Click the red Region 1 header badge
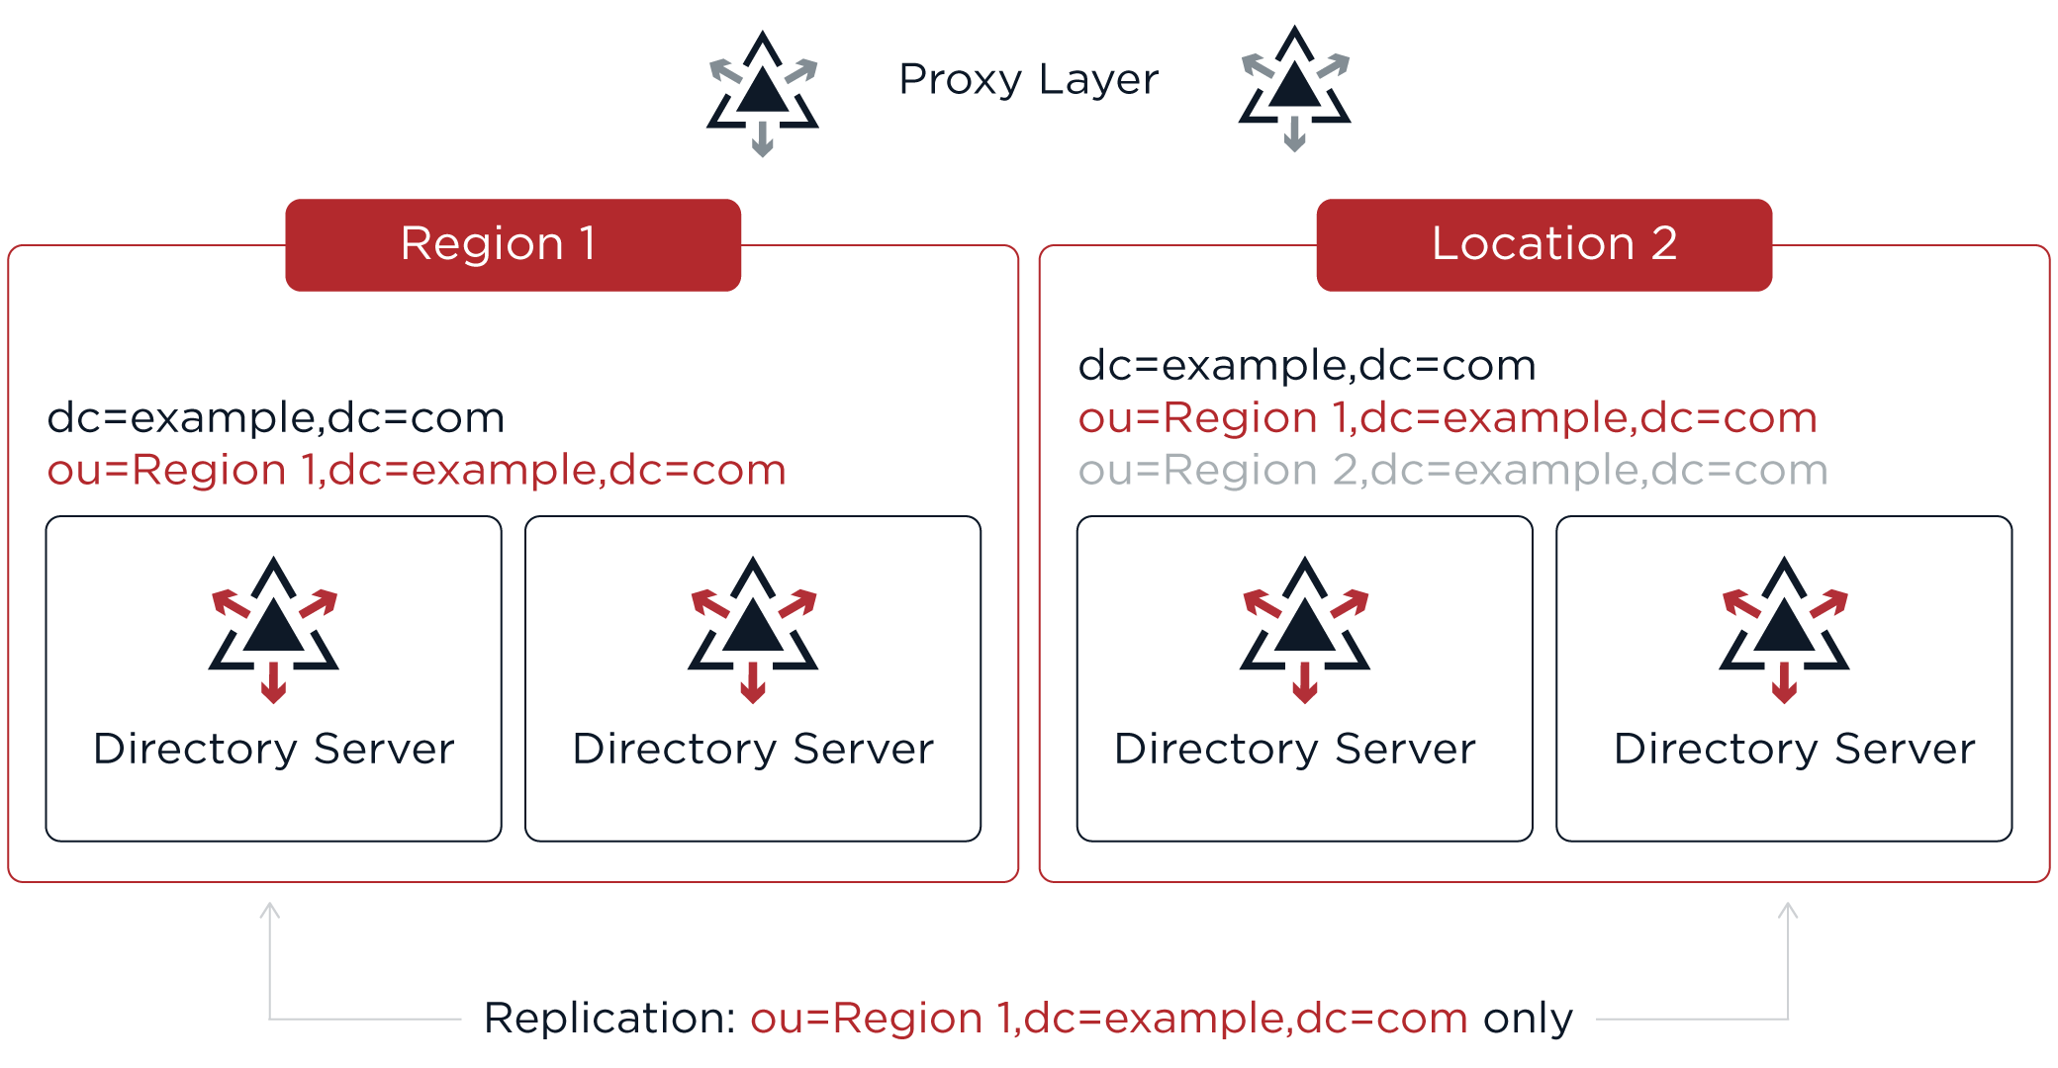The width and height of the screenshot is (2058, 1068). [513, 244]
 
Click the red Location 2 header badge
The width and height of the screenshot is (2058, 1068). [1543, 244]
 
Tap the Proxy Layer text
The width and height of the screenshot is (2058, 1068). [1028, 79]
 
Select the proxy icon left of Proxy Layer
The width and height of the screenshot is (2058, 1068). [762, 92]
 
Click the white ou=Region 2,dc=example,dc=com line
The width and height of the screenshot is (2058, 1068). [1452, 470]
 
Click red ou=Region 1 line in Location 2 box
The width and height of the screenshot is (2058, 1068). [1447, 418]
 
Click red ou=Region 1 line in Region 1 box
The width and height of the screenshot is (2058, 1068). [416, 470]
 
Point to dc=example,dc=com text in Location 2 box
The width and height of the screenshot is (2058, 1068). [1306, 366]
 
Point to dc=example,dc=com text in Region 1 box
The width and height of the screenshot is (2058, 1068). [275, 418]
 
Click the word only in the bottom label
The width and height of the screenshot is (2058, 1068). [1527, 1019]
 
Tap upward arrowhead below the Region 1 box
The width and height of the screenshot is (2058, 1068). [269, 910]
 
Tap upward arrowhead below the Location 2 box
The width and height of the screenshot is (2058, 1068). [1788, 910]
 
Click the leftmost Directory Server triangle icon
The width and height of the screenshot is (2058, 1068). [273, 627]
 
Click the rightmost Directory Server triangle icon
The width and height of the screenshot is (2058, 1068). [1784, 627]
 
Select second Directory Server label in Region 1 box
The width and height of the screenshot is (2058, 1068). [753, 749]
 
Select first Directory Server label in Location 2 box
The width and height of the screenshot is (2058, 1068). [1294, 749]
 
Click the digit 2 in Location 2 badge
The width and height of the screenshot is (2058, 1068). [1663, 243]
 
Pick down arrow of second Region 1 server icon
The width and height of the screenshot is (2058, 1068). [753, 684]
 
